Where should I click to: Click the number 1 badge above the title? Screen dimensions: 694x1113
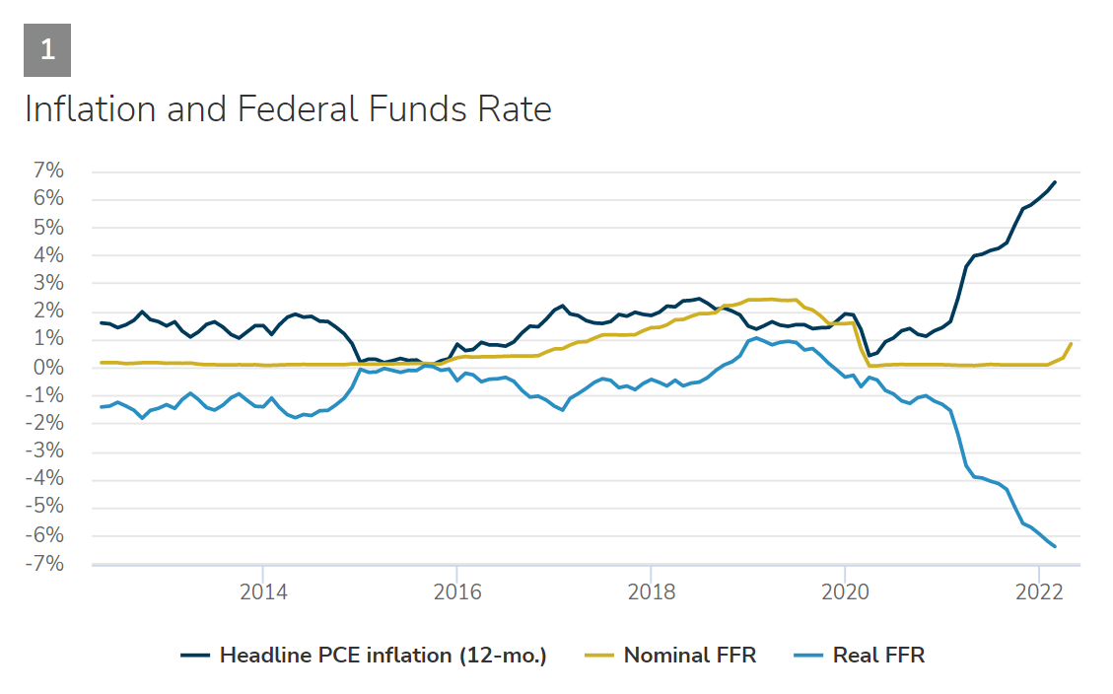[47, 49]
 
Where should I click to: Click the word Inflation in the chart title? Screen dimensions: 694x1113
[88, 108]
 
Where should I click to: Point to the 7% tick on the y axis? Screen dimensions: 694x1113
[48, 172]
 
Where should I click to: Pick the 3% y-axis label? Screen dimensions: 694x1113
[48, 284]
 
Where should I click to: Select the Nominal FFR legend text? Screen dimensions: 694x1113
[689, 655]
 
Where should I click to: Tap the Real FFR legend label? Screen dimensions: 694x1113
[878, 655]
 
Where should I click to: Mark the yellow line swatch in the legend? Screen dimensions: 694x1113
[599, 655]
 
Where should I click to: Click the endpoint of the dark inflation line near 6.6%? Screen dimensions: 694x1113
[1055, 182]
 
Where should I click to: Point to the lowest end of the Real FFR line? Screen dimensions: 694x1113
[1055, 546]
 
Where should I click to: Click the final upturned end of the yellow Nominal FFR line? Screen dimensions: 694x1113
[1071, 344]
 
